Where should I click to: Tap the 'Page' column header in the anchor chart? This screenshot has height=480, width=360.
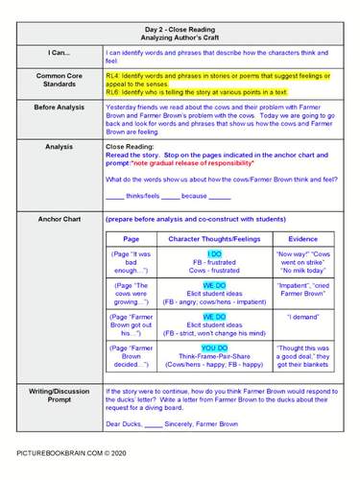[132, 238]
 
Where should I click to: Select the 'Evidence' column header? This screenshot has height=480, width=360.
[302, 238]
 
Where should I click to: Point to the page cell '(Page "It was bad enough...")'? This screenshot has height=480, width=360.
[132, 263]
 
